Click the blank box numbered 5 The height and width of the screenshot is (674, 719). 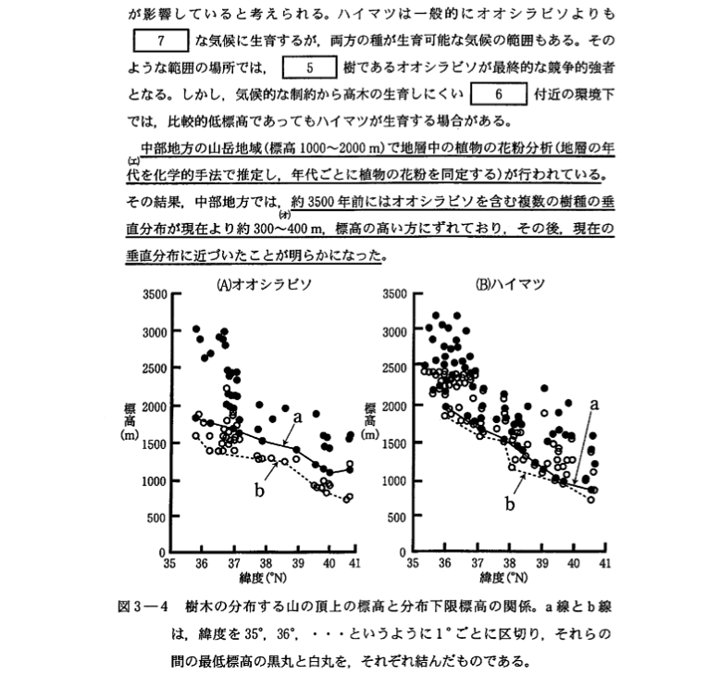click(309, 67)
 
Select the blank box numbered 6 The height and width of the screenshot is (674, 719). click(498, 94)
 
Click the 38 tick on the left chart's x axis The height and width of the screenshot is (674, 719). click(266, 562)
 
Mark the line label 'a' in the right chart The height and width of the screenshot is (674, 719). click(595, 404)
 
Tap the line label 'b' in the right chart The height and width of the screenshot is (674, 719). click(508, 505)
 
